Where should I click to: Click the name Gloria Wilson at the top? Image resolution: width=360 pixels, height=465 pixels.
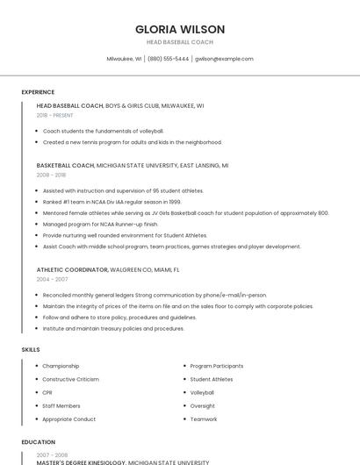click(x=180, y=29)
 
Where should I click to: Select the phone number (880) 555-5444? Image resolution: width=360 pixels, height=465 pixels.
click(x=168, y=59)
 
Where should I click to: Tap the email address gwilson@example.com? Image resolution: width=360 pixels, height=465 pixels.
click(x=224, y=59)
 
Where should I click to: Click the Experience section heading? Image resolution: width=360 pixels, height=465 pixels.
click(x=38, y=92)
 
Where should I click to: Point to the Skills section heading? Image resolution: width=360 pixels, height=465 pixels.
click(x=31, y=350)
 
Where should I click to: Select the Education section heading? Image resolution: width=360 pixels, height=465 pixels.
click(x=39, y=442)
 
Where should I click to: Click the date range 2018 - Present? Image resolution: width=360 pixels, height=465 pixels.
click(x=55, y=115)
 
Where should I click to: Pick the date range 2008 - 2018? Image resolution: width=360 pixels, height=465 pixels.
click(x=51, y=175)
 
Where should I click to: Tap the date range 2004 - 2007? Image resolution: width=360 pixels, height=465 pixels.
click(x=52, y=278)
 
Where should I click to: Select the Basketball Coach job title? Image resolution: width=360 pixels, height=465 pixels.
click(x=66, y=165)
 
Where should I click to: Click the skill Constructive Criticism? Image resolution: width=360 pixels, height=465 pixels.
click(x=71, y=379)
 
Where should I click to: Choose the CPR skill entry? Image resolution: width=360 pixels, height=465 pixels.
click(x=47, y=392)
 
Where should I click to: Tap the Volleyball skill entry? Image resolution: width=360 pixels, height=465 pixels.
click(x=203, y=392)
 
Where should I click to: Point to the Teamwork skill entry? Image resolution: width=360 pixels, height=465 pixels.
click(x=204, y=419)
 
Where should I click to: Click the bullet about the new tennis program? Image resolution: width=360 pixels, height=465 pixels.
click(x=132, y=142)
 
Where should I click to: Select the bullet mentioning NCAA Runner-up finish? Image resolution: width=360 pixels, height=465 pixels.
click(x=100, y=224)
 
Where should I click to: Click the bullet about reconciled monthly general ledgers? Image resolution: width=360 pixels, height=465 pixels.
click(x=155, y=295)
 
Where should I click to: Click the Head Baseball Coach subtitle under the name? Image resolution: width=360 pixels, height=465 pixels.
click(x=180, y=42)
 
